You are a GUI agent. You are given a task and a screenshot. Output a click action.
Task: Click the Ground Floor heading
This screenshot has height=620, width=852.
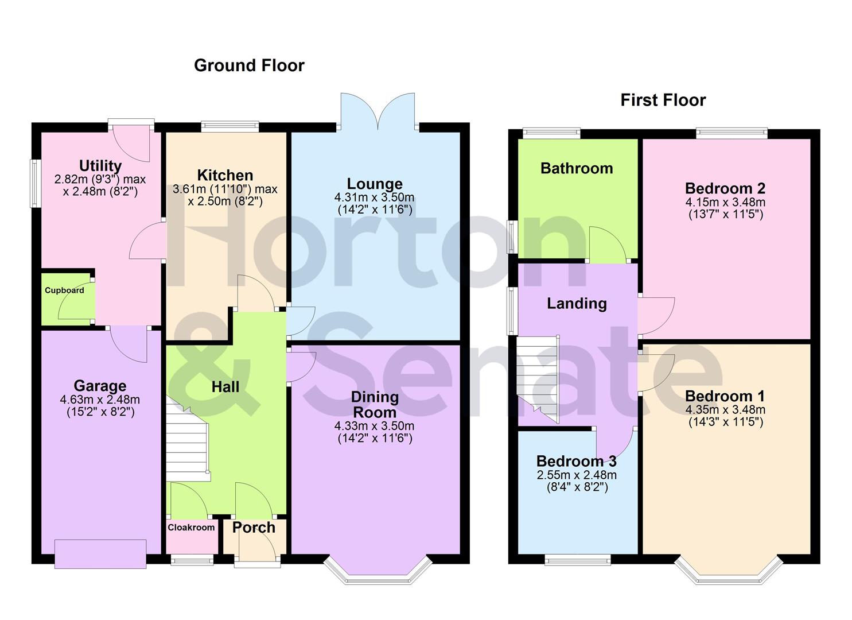click(249, 65)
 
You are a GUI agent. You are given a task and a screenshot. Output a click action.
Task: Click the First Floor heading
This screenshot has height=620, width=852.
click(663, 100)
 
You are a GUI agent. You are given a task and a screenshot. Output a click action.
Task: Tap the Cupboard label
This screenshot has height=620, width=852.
click(64, 290)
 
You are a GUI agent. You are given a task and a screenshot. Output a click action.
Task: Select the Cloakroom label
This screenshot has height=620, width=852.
click(191, 528)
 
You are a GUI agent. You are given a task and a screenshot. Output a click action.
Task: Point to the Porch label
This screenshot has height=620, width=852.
click(254, 528)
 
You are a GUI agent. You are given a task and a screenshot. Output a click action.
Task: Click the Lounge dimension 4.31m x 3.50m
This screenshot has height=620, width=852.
click(374, 197)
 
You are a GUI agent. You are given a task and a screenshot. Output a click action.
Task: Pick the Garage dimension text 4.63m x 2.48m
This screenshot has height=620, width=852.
click(100, 400)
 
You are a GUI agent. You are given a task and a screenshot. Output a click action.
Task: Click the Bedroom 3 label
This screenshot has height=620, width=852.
click(577, 461)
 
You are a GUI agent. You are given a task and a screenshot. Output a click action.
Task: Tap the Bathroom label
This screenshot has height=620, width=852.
click(577, 168)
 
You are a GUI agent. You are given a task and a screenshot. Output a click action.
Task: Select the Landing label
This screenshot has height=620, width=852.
click(577, 303)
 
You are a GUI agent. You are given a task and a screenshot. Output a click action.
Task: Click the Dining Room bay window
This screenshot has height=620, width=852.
click(378, 571)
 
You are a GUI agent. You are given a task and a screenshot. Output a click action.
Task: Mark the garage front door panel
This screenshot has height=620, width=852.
click(100, 554)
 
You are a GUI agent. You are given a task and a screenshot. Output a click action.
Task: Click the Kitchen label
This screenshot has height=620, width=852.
click(225, 175)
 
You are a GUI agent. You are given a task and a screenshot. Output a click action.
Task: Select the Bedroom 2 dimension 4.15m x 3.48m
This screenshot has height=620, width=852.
click(725, 202)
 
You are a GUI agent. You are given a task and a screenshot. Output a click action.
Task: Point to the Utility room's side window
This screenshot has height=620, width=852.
click(36, 183)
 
